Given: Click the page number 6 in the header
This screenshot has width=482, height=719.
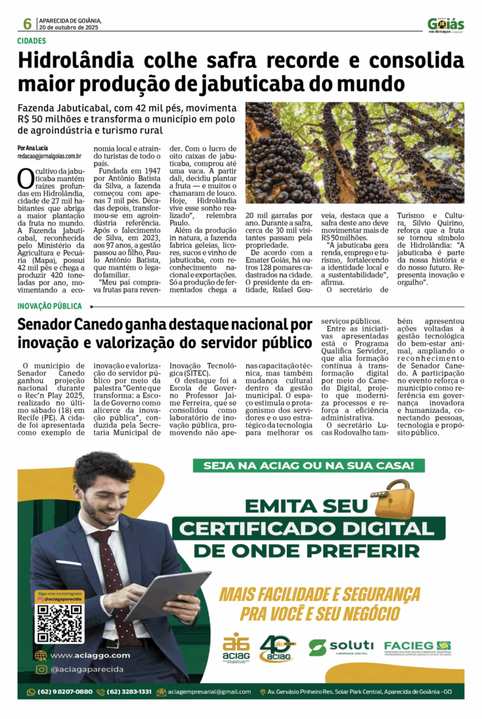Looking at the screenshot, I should coord(27,24).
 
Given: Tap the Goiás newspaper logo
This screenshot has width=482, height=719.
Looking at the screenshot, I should coord(446,25).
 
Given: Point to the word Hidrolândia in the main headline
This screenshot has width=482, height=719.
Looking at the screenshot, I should coord(76,61).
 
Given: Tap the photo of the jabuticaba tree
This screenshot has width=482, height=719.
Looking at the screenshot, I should coord(354,152).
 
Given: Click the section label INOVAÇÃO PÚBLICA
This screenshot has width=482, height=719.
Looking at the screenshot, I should coord(50,306).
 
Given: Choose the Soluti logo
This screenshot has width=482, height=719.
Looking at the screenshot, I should coord(341,647).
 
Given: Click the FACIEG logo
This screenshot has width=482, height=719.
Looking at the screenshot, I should coord(417,647).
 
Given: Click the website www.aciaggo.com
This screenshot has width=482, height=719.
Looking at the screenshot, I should coord(82,655).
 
